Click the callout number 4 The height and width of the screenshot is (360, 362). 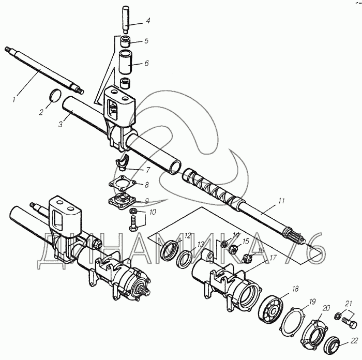148,21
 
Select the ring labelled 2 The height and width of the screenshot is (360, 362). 56,95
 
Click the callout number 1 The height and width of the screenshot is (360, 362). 14,100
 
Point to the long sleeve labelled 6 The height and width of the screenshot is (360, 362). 126,63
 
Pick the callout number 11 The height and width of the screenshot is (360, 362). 281,201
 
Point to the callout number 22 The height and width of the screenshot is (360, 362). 354,341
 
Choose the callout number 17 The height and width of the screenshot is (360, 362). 273,258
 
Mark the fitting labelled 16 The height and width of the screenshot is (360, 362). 247,257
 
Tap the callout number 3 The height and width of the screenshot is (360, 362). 61,124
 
